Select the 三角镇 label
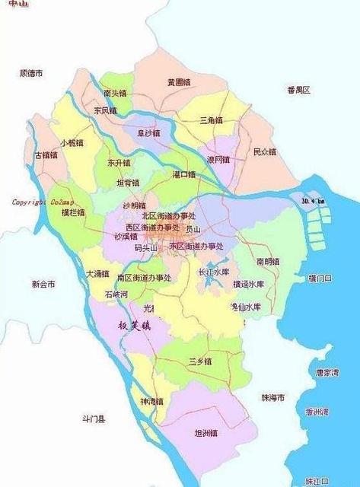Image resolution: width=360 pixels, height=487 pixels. click(x=210, y=119)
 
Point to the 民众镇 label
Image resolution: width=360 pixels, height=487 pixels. click(x=265, y=151)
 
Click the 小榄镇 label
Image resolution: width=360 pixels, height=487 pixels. click(x=73, y=142)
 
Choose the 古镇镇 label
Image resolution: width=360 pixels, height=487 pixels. click(x=46, y=155)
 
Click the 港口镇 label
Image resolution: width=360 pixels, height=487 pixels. click(x=183, y=174)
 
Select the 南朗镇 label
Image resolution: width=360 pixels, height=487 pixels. click(x=269, y=261)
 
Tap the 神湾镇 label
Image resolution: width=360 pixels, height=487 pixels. click(x=151, y=401)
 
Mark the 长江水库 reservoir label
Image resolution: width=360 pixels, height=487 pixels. click(x=213, y=271)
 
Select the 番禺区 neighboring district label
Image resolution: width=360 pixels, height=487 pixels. click(x=299, y=90)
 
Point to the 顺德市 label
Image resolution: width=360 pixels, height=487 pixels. click(x=32, y=73)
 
